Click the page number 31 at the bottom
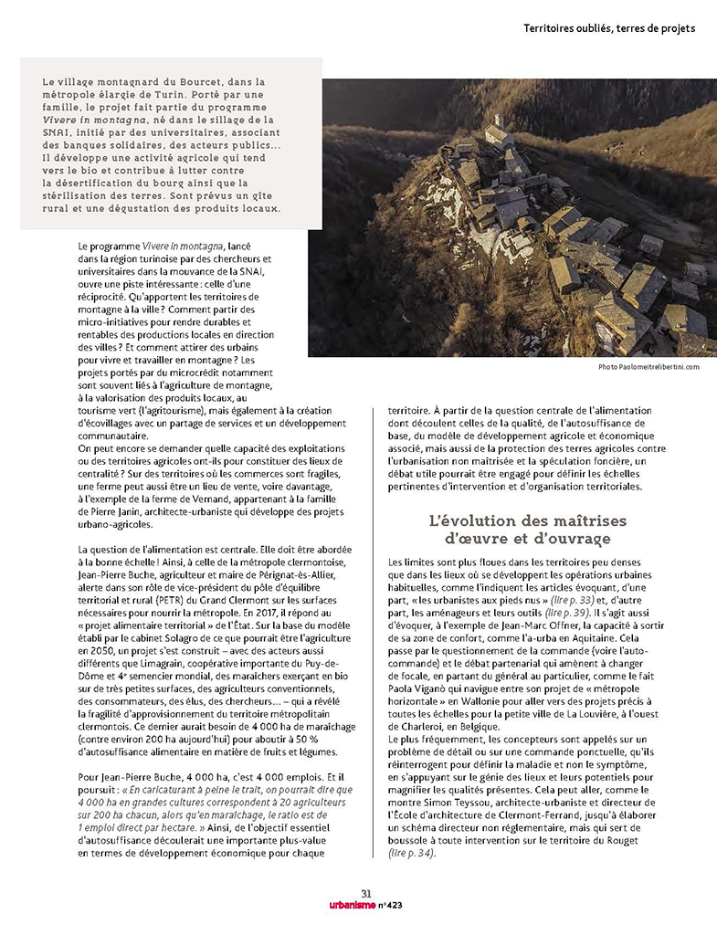tap(365, 893)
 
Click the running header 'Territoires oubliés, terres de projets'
tap(609, 28)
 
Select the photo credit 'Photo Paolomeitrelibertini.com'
tap(648, 367)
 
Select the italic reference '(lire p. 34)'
tap(412, 853)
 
